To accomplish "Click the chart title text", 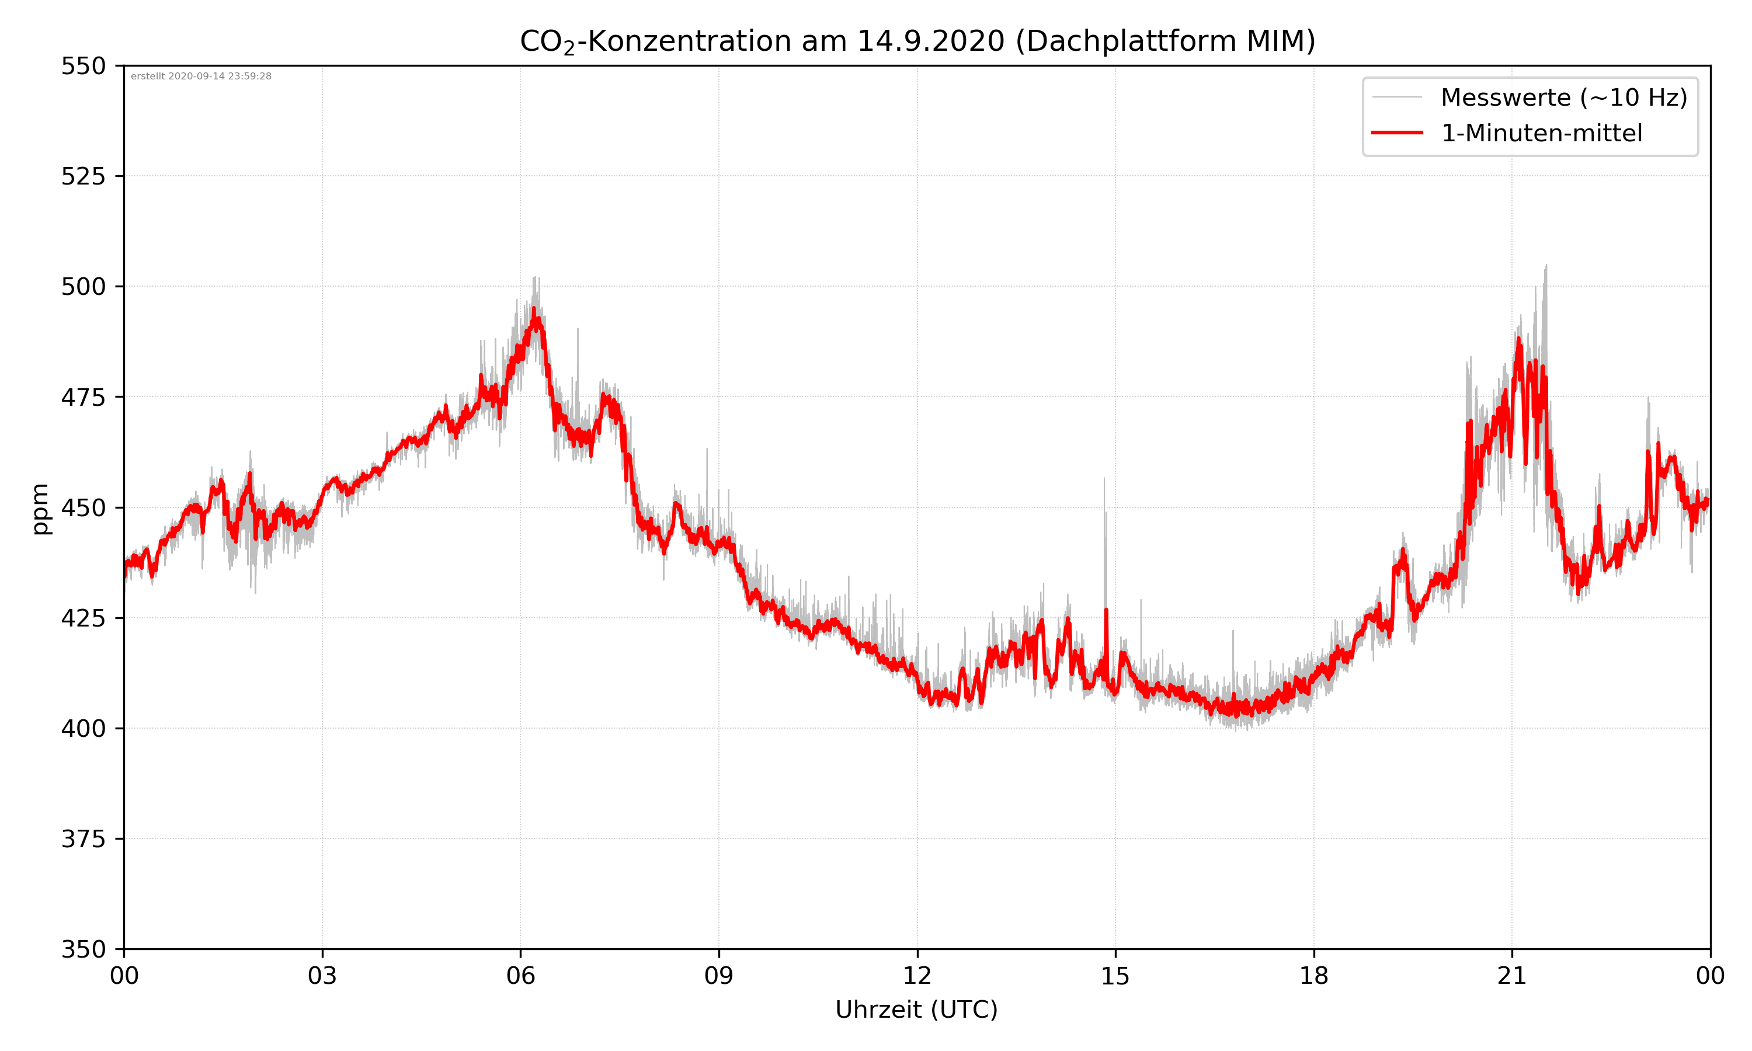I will [917, 41].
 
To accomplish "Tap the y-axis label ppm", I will [40, 508].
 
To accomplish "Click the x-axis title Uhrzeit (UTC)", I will [916, 1009].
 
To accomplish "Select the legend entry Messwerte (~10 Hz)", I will [1563, 98].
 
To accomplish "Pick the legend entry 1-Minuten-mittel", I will [1541, 133].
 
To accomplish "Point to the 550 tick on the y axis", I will [83, 66].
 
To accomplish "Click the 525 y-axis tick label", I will [83, 176].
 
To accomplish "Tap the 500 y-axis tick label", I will [83, 287].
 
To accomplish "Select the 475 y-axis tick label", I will [83, 397].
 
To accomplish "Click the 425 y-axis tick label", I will [83, 618].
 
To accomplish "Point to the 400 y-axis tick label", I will [83, 729].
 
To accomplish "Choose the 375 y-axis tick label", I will [83, 839].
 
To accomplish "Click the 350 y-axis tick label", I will [83, 950].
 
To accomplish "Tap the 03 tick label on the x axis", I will [322, 976].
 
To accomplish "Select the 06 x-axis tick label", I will [520, 976].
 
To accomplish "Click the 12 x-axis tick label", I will [917, 976].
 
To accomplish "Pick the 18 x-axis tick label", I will [1313, 976].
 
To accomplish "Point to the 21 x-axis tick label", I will [1512, 976].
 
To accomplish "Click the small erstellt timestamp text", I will [201, 76].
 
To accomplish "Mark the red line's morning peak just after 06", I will [534, 310].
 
